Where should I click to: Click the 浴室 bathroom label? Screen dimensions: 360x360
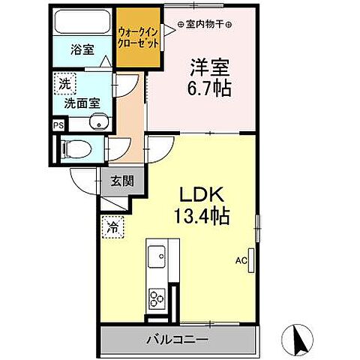tap(82, 51)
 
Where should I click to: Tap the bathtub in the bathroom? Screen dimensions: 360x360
tap(83, 23)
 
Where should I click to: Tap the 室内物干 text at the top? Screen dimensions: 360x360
tap(205, 25)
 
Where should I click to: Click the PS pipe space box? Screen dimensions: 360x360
tap(58, 126)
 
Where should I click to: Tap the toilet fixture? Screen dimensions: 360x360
tap(75, 148)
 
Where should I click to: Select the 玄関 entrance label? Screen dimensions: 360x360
tap(123, 181)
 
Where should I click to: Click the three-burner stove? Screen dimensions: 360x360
tap(157, 298)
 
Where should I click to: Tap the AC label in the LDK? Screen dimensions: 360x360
tap(241, 262)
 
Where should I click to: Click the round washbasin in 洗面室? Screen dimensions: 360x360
tap(96, 124)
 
